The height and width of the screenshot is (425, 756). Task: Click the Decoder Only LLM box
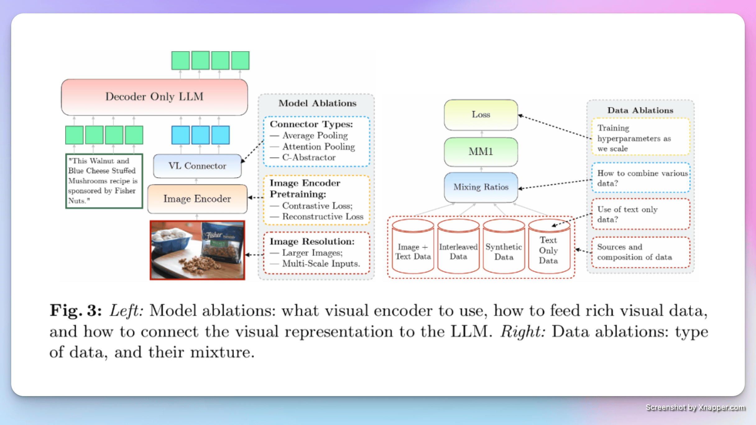click(x=154, y=97)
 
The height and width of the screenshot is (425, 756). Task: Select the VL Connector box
click(x=197, y=166)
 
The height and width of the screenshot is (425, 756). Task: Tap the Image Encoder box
click(x=197, y=199)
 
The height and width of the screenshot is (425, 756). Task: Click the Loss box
click(x=481, y=115)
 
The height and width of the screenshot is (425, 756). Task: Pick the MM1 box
click(x=481, y=152)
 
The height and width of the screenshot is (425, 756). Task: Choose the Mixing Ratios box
click(x=481, y=187)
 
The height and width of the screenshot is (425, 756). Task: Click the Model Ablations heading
click(x=317, y=103)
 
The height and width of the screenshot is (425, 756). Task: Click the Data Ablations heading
click(x=640, y=110)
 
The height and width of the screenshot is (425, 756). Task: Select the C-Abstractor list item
click(x=309, y=158)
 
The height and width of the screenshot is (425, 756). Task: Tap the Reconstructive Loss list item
click(x=322, y=217)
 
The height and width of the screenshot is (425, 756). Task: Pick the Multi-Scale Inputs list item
click(x=321, y=264)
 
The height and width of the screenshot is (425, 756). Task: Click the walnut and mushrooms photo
click(x=197, y=250)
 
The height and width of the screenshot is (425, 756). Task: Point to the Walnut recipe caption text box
click(x=104, y=181)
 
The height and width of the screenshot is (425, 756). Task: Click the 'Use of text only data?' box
click(x=640, y=214)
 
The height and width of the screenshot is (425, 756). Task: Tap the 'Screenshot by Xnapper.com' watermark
click(x=695, y=407)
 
